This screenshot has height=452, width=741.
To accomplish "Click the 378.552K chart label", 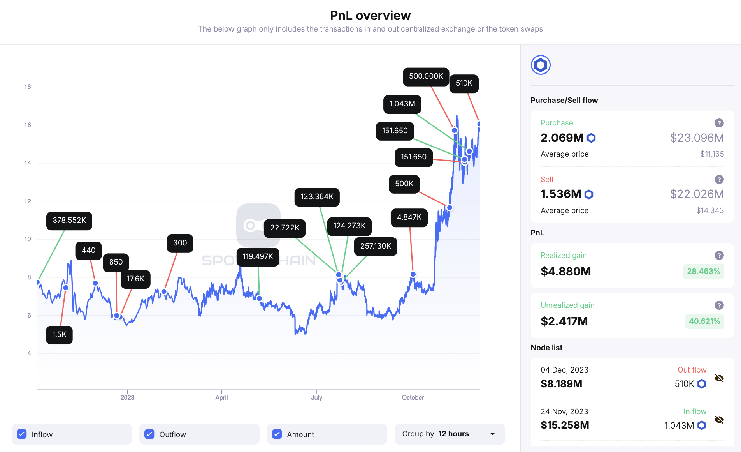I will point(69,221).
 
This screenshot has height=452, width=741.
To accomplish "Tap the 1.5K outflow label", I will point(59,335).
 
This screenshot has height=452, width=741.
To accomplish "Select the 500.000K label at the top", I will point(426,76).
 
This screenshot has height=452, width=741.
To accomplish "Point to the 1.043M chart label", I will point(402,104).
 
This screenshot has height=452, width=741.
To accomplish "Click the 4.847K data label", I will point(409,217).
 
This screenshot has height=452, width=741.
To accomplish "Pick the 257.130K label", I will point(375,246).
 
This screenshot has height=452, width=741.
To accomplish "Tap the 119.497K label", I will point(258,257).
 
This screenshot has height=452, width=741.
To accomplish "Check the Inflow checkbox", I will point(22,434).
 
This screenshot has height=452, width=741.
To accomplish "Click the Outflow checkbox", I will point(149,434).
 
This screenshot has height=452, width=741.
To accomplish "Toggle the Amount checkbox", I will point(277,434).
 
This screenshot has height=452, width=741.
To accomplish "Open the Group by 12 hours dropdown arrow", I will point(492,434).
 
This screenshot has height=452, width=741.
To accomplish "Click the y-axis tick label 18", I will point(28,87).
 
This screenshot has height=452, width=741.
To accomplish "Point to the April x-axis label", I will point(221,397).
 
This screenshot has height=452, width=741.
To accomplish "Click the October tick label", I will point(413,397).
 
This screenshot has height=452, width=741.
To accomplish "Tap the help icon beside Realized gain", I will point(719,255).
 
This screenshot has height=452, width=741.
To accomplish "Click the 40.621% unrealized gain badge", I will point(704,321).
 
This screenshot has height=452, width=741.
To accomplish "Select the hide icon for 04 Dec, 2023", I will point(719,378).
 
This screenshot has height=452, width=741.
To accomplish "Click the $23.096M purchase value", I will point(697,138).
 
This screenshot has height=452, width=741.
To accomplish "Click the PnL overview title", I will point(370,16).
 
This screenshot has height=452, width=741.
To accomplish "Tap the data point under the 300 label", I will point(164,291).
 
